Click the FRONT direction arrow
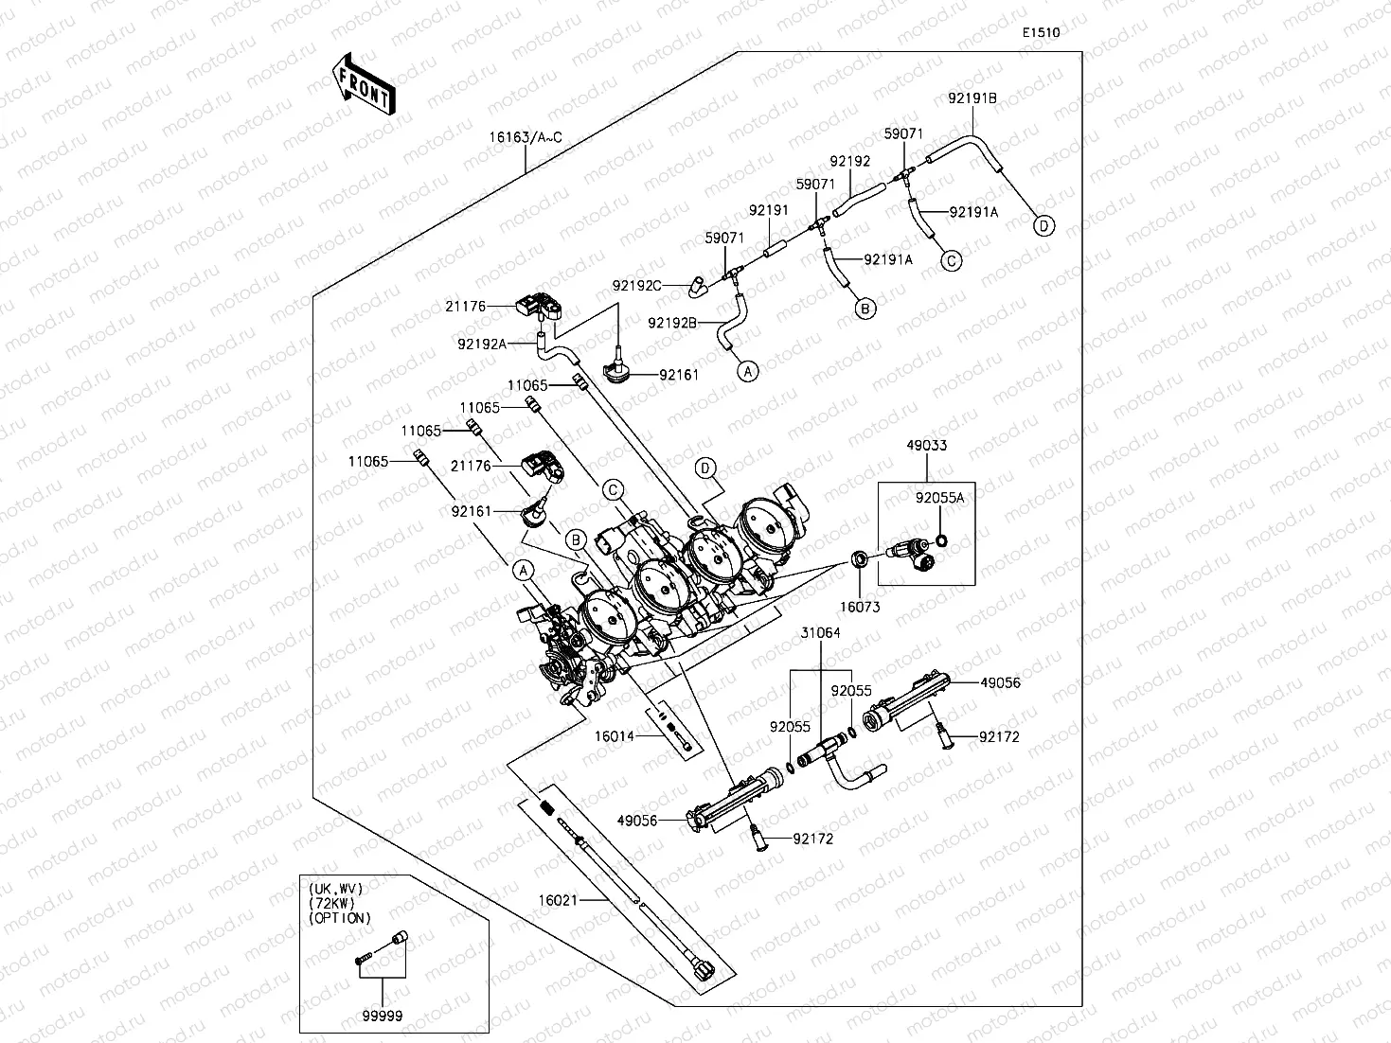coord(364,83)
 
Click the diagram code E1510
coord(1041,32)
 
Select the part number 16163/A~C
coord(526,137)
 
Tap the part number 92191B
coord(972,98)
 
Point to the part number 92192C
coord(636,286)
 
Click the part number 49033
coord(926,445)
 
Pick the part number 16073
coord(860,607)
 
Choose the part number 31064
coord(821,632)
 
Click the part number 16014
coord(615,736)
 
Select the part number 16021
coord(559,900)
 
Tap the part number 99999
coord(383,1016)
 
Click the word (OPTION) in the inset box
coord(340,918)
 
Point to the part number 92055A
coord(939,499)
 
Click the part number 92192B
coord(672,323)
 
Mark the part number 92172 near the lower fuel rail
coord(813,839)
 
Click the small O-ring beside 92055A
coord(941,540)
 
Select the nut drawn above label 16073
coord(858,559)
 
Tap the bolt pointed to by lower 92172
coord(759,838)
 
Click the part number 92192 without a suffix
coord(849,162)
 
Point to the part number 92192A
coord(482,344)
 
